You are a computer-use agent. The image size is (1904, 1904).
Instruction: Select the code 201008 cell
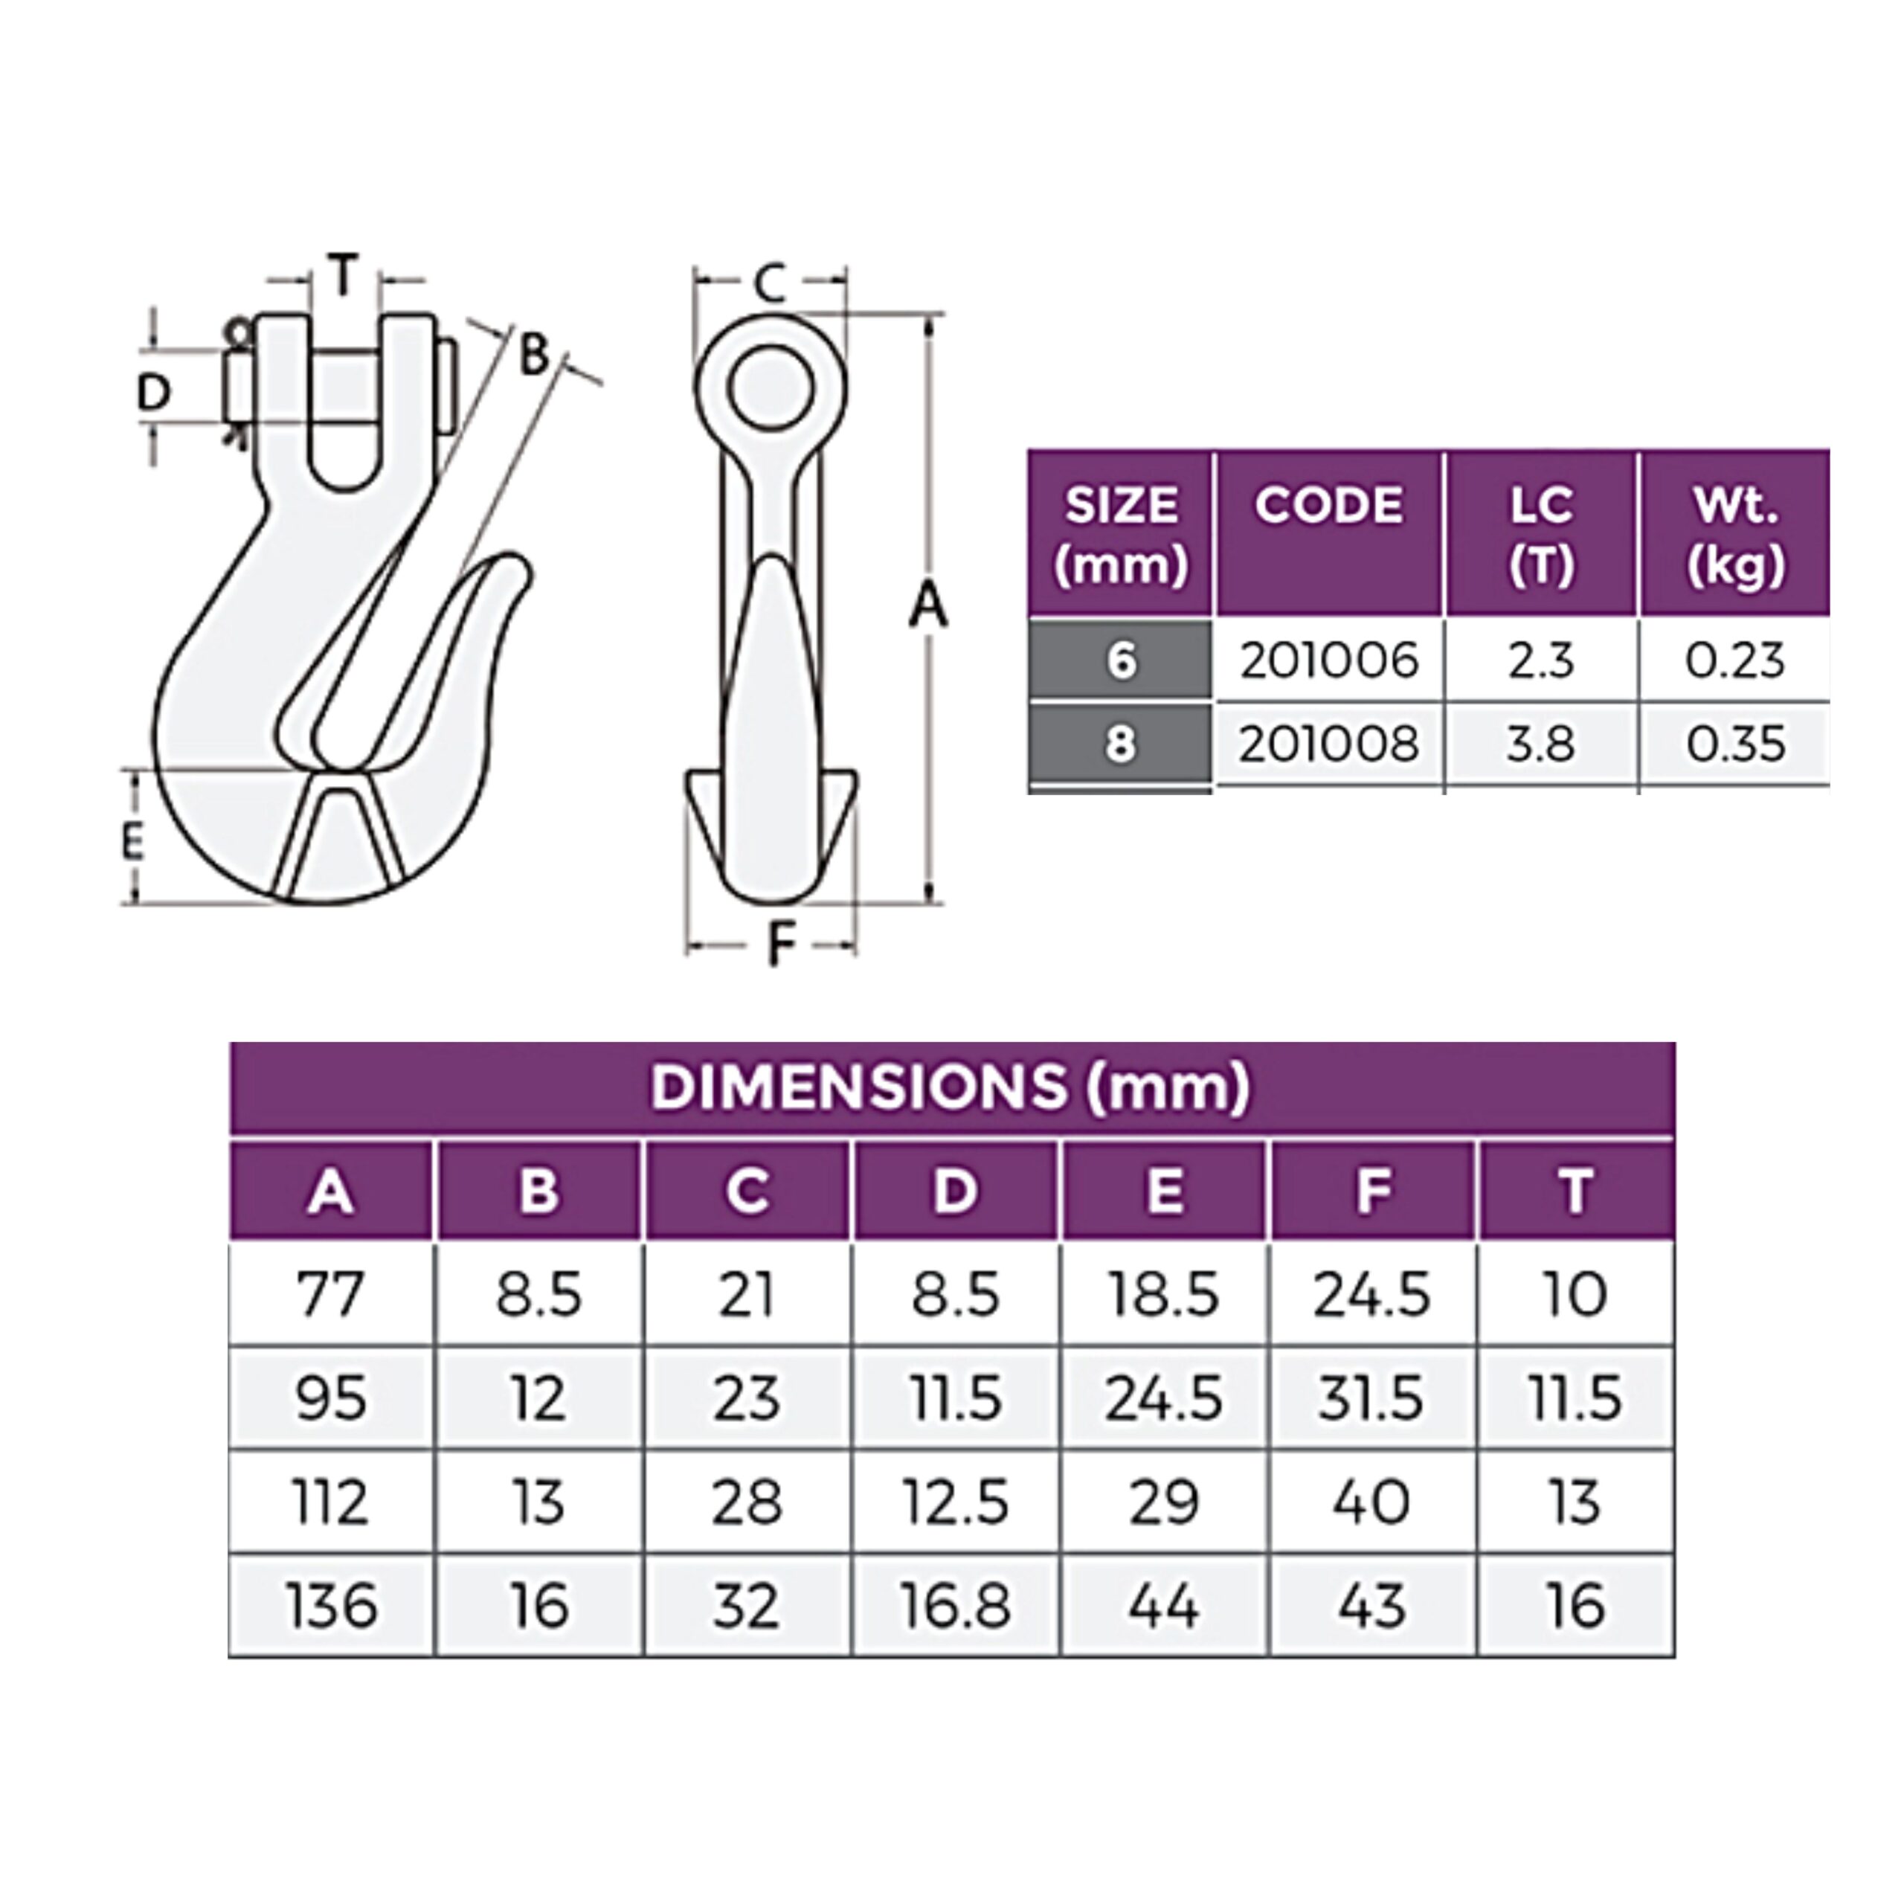click(x=1328, y=744)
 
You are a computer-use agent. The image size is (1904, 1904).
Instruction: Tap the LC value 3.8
click(x=1540, y=744)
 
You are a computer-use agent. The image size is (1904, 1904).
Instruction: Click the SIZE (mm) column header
click(x=1121, y=535)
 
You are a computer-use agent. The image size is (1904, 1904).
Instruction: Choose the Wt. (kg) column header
click(x=1735, y=535)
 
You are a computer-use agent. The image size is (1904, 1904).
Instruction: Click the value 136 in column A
click(x=331, y=1606)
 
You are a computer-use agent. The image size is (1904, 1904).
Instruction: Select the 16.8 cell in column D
click(x=955, y=1606)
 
